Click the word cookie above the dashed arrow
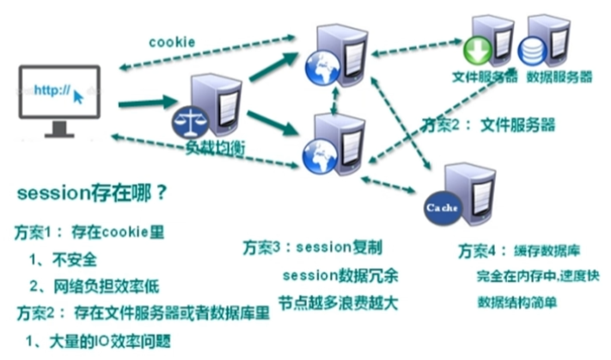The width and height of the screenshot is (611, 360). pos(172,41)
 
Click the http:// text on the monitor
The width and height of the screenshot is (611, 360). pos(51,88)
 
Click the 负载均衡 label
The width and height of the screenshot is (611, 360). pos(216,147)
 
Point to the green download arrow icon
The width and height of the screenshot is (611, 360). pos(478,50)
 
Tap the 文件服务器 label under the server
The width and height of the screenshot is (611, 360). pos(485,76)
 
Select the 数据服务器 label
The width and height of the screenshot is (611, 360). pos(559,76)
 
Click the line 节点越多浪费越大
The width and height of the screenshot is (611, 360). pos(337,302)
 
